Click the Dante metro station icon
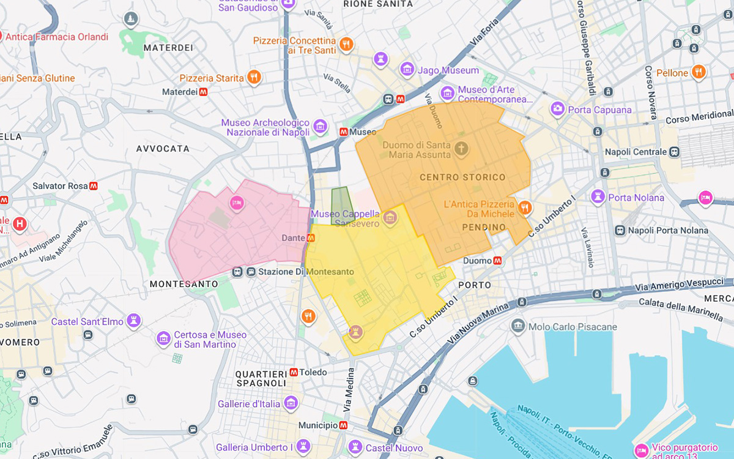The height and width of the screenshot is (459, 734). (x=311, y=237)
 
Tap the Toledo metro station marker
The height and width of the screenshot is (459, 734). (x=294, y=372)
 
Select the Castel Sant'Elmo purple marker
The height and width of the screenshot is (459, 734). (x=133, y=321)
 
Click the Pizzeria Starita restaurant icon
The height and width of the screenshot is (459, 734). (x=254, y=77)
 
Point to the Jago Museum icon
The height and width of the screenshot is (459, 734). (x=407, y=70)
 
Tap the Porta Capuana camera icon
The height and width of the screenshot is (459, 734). (x=557, y=109)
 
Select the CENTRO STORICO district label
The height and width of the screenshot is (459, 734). (x=462, y=177)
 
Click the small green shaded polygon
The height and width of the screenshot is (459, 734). (x=341, y=205)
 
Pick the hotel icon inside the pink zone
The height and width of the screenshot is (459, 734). (x=236, y=203)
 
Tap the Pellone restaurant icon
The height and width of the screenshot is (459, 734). (x=699, y=72)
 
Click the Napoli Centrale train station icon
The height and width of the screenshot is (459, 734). (x=674, y=152)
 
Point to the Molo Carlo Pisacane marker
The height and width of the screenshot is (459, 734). (x=518, y=326)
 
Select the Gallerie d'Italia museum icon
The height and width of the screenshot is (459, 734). (x=291, y=403)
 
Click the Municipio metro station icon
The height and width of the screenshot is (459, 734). (x=343, y=425)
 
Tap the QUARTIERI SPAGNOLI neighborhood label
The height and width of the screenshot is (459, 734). (x=261, y=378)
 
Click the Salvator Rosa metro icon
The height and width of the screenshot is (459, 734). (x=94, y=185)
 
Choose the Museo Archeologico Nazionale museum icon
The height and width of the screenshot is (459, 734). (x=319, y=127)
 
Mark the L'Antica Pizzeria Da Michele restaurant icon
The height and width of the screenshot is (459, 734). (x=524, y=208)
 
